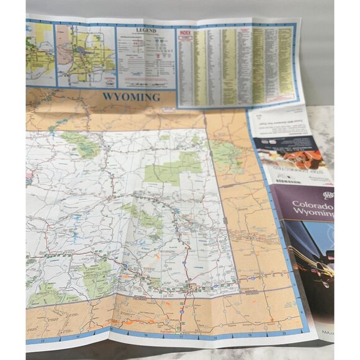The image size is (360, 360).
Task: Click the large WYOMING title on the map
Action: point(131,97)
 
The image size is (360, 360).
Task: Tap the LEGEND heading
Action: point(147,30)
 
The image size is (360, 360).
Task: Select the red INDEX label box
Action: point(185,30)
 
